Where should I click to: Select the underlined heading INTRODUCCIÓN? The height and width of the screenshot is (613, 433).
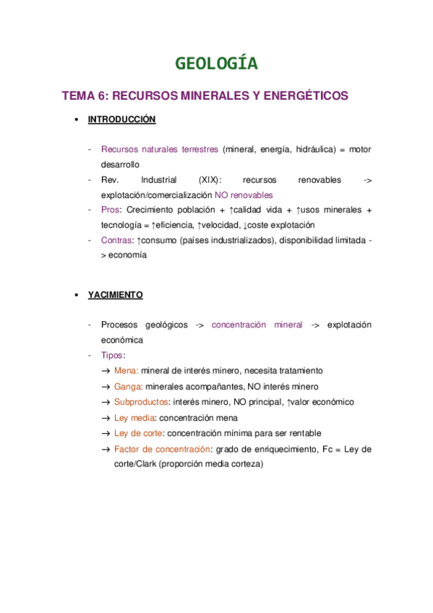tap(121, 119)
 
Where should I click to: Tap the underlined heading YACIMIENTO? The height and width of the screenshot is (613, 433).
tap(115, 295)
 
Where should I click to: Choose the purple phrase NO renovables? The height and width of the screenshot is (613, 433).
tap(244, 195)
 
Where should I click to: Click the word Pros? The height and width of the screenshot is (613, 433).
tap(110, 210)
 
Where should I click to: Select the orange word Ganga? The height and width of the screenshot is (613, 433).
tap(127, 387)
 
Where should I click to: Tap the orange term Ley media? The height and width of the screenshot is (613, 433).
tap(134, 418)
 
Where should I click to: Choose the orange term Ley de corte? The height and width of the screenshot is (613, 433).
tap(138, 433)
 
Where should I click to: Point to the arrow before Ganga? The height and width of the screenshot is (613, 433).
tap(106, 387)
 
